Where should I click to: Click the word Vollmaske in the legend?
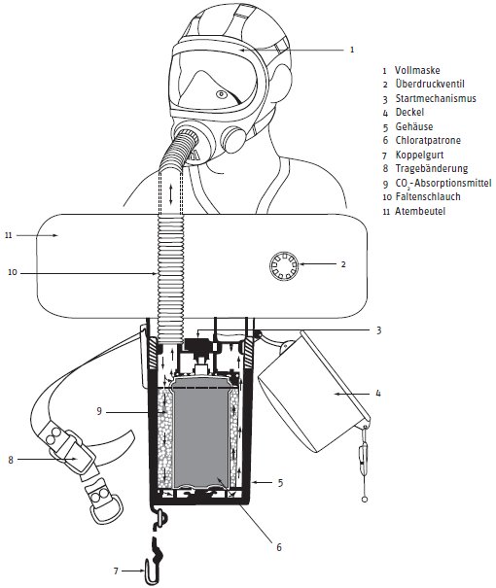point(417,70)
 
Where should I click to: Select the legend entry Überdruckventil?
point(430,84)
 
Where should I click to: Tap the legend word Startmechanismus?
point(436,98)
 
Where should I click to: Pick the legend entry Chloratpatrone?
point(428,140)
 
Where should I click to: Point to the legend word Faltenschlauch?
point(428,196)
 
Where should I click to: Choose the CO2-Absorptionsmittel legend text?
point(443,183)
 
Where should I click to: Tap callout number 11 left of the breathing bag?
point(9,235)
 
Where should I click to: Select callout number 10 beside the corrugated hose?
point(13,272)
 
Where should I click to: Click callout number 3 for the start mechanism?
point(379,330)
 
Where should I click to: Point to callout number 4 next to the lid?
point(378,393)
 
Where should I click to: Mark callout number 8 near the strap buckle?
point(11,460)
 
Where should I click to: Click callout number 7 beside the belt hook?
point(116,571)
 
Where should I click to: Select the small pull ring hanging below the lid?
point(364,500)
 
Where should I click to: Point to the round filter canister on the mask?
point(233,138)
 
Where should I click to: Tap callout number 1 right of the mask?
point(352,50)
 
